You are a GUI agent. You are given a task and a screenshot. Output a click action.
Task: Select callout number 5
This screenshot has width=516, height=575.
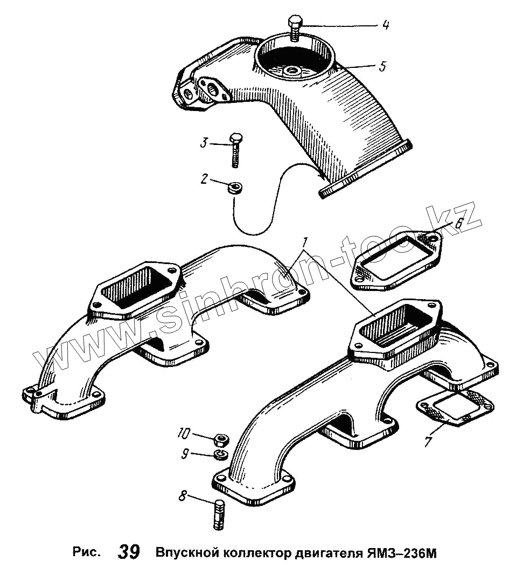tap(382, 66)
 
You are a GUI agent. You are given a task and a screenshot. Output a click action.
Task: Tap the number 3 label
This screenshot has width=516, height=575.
tap(204, 143)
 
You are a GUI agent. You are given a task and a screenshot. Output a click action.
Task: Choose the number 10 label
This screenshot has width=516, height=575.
tap(184, 433)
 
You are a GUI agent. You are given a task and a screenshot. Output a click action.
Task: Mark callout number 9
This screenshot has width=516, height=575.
tap(184, 454)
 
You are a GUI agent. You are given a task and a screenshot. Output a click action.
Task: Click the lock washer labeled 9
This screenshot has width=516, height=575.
tap(220, 455)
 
